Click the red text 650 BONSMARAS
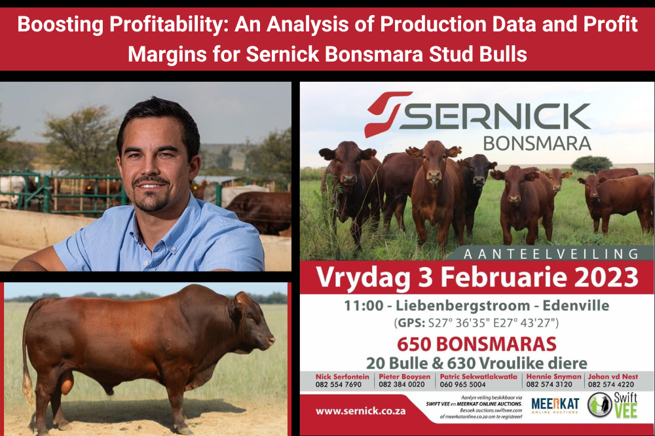click(x=477, y=343)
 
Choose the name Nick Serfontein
click(x=342, y=376)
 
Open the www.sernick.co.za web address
click(x=360, y=411)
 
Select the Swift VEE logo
click(x=614, y=406)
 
